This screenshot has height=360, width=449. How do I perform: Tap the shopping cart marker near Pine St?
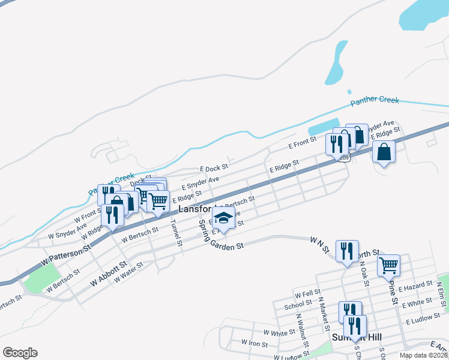(x=389, y=264)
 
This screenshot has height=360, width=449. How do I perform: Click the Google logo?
(x=20, y=353)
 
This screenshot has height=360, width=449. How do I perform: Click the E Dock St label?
(x=214, y=169)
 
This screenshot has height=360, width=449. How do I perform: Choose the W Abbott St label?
(x=109, y=273)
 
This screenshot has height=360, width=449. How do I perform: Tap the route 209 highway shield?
(x=344, y=158)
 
